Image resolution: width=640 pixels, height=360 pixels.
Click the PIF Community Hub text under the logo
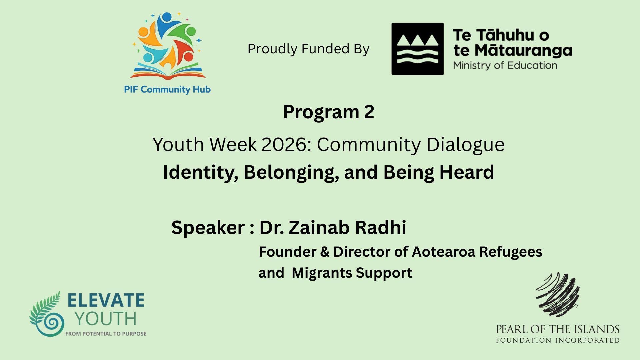tap(167, 90)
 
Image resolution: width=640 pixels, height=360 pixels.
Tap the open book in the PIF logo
tap(168, 73)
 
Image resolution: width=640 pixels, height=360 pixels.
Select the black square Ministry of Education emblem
tap(417, 49)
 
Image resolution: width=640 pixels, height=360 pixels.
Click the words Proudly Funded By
tap(308, 49)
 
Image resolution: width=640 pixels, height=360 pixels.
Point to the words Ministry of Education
tap(505, 65)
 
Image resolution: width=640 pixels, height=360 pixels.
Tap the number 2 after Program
tap(369, 112)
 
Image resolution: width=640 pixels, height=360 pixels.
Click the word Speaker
tap(208, 228)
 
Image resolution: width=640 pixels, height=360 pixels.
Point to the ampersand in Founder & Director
tap(325, 252)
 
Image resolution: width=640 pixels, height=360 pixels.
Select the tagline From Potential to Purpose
tap(106, 334)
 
